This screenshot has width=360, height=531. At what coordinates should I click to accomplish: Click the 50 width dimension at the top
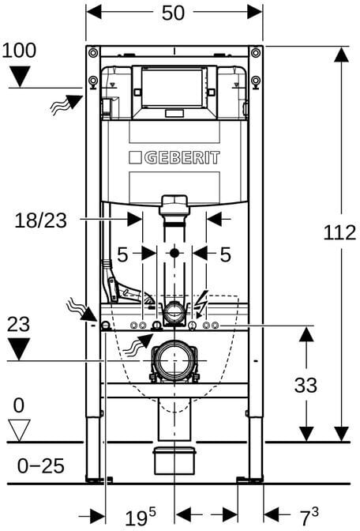coord(173,13)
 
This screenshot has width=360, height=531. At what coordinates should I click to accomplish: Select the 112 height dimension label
coord(339,233)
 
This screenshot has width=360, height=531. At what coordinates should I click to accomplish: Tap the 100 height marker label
coord(19,50)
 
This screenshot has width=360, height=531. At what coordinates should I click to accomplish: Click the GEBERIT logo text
coord(182,157)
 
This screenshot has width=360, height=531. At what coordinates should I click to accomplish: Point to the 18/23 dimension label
coord(40,220)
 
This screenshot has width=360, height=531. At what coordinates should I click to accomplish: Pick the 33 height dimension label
coord(306,385)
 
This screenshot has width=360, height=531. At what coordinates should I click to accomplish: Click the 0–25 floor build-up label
coord(40,466)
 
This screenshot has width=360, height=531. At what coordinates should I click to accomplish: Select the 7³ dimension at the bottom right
coord(309,516)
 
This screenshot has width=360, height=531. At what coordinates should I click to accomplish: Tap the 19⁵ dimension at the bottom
coord(141,517)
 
